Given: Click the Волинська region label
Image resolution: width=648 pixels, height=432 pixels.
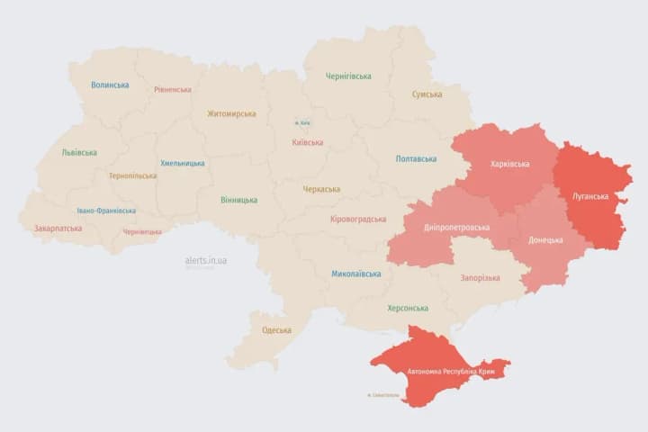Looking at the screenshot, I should [110, 85].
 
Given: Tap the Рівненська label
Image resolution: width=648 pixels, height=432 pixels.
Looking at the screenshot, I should [172, 90].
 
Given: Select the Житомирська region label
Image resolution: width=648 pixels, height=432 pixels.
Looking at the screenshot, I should [231, 114].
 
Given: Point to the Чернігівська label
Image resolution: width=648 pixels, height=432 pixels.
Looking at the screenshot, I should [347, 76].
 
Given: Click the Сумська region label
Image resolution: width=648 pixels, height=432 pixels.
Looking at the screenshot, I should [427, 94].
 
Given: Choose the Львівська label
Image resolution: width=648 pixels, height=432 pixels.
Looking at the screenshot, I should [79, 153].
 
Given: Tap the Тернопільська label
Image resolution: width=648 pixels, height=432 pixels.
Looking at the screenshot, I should [132, 175].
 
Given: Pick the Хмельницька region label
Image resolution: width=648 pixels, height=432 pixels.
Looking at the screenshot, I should [182, 163].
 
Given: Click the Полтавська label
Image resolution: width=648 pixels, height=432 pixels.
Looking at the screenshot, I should [416, 159].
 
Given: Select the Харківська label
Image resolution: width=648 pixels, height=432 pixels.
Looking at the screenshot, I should [510, 164].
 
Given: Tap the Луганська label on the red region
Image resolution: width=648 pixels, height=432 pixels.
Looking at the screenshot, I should [591, 196].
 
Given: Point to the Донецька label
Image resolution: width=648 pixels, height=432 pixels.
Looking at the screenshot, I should [545, 239].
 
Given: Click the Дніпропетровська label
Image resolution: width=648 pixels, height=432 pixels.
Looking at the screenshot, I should [457, 228].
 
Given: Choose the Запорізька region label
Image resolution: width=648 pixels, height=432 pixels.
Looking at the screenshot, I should [480, 278].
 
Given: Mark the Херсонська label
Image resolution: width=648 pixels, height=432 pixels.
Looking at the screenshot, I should [408, 308].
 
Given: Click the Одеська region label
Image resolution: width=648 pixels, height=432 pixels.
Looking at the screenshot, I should [276, 330].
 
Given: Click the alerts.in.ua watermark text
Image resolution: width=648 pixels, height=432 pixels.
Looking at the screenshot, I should [205, 260].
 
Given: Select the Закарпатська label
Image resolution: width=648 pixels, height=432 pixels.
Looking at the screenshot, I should [58, 229].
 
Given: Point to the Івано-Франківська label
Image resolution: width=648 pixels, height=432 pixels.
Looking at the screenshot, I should [106, 211].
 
